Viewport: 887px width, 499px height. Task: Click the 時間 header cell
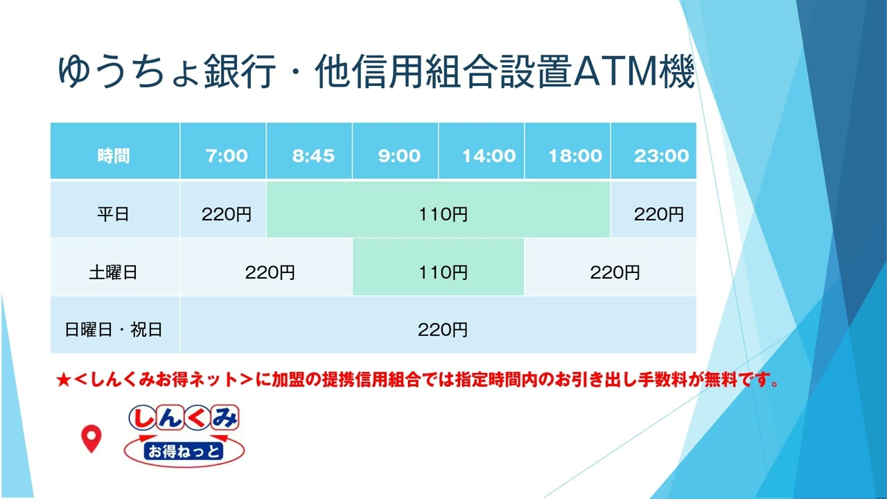pyautogui.click(x=114, y=155)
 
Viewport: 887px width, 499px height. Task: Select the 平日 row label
pyautogui.click(x=114, y=214)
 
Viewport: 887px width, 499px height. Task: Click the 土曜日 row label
pyautogui.click(x=114, y=272)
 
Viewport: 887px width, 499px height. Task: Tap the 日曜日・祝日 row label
pyautogui.click(x=114, y=329)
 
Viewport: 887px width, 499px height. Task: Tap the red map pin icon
pyautogui.click(x=91, y=438)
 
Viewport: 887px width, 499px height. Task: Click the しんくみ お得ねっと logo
pyautogui.click(x=184, y=435)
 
